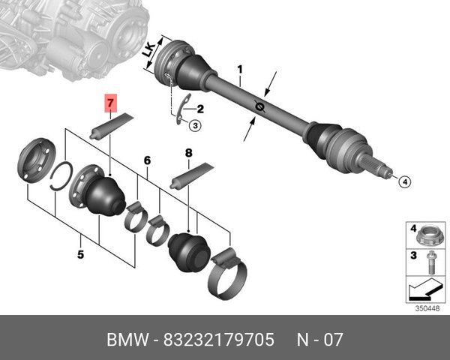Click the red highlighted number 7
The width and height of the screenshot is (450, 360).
111,103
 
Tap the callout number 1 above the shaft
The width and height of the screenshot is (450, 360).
240,70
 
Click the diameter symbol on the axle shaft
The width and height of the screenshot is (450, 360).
259,106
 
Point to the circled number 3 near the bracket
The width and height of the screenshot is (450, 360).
195,125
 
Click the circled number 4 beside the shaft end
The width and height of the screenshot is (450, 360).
405,181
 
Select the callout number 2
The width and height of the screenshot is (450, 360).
200,109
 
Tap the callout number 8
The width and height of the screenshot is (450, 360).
188,153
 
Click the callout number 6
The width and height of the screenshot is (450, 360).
147,160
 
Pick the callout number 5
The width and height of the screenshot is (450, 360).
81,254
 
